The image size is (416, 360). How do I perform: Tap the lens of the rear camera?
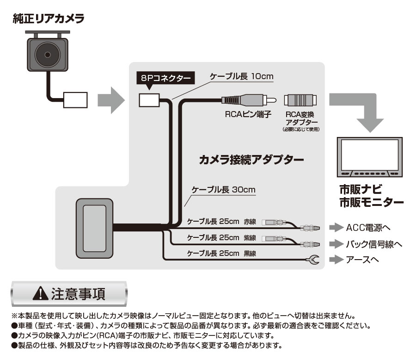(47, 54)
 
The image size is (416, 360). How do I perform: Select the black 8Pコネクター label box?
(166, 78)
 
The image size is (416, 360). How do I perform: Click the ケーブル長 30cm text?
(224, 190)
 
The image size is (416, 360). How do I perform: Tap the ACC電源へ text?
(368, 228)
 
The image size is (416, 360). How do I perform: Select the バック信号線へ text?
(374, 243)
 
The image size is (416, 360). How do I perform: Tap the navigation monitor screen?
(369, 155)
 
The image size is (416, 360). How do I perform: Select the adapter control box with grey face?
(93, 228)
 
